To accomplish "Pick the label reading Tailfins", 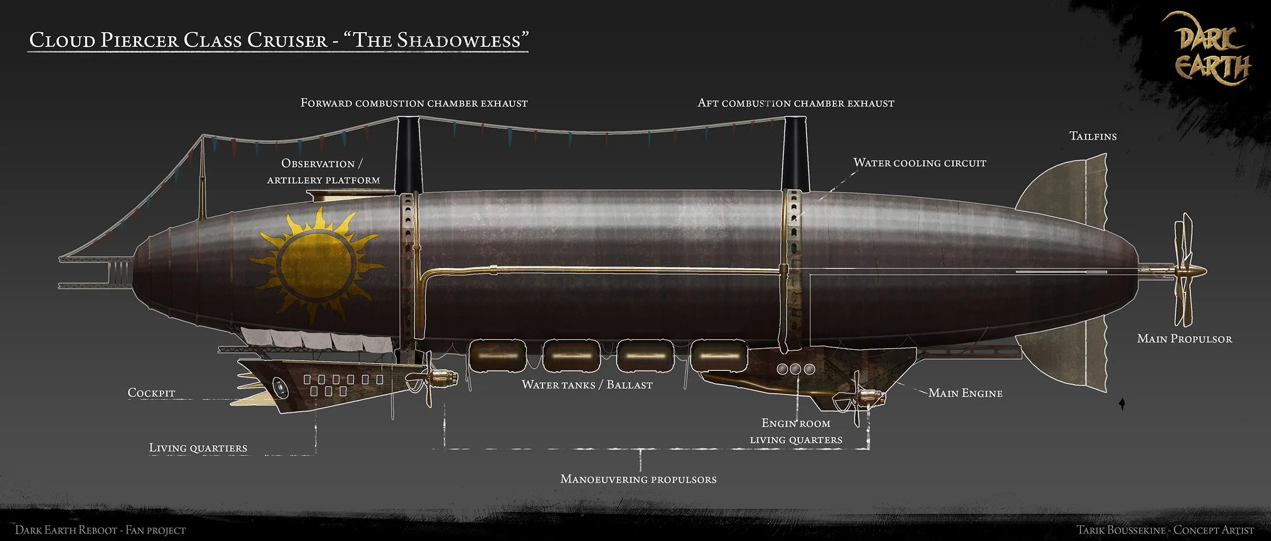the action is click(1093, 136).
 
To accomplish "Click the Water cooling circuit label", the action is click(920, 163).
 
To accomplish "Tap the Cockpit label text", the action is click(151, 393).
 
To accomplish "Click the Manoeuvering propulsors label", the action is click(638, 479).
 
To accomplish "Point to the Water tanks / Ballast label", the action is click(587, 385).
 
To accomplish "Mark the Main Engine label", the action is click(965, 393).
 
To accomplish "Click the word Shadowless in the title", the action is click(459, 41).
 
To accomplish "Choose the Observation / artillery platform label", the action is click(323, 171).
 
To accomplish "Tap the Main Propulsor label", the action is click(1184, 339).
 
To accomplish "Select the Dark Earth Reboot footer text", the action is click(100, 530).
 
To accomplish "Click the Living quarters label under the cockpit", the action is click(198, 448).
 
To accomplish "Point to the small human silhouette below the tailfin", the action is click(1122, 404).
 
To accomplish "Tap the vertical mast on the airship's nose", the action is click(201, 180).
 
